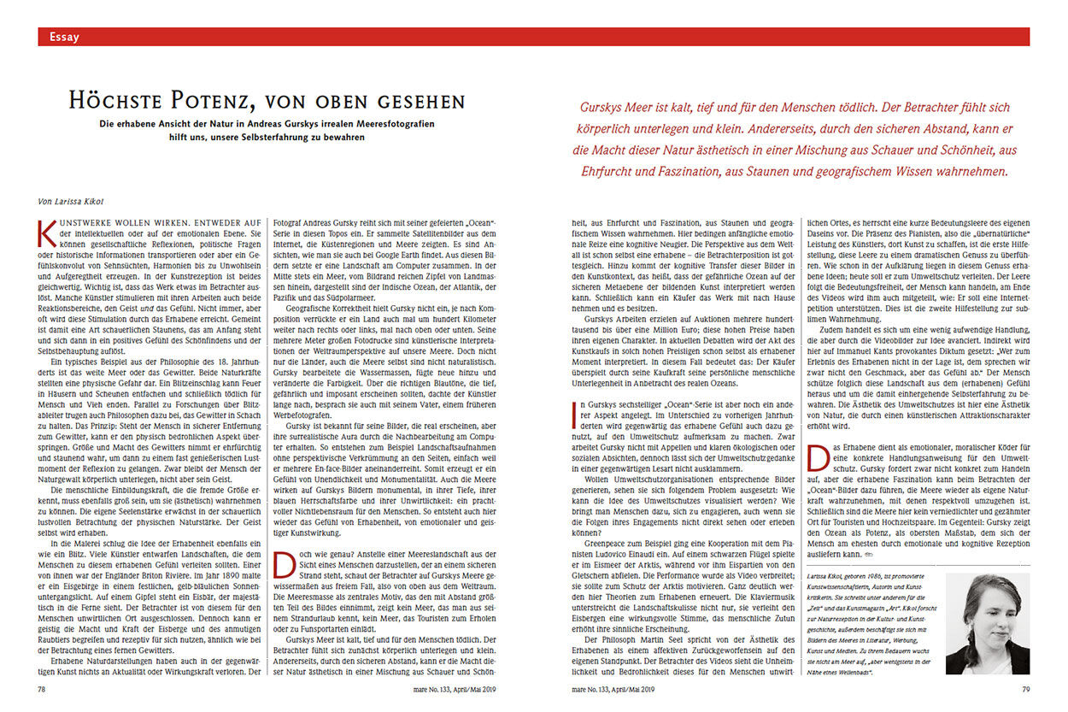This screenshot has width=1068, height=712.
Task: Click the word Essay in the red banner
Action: tap(64, 37)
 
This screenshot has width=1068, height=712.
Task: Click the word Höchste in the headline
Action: tap(117, 102)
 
